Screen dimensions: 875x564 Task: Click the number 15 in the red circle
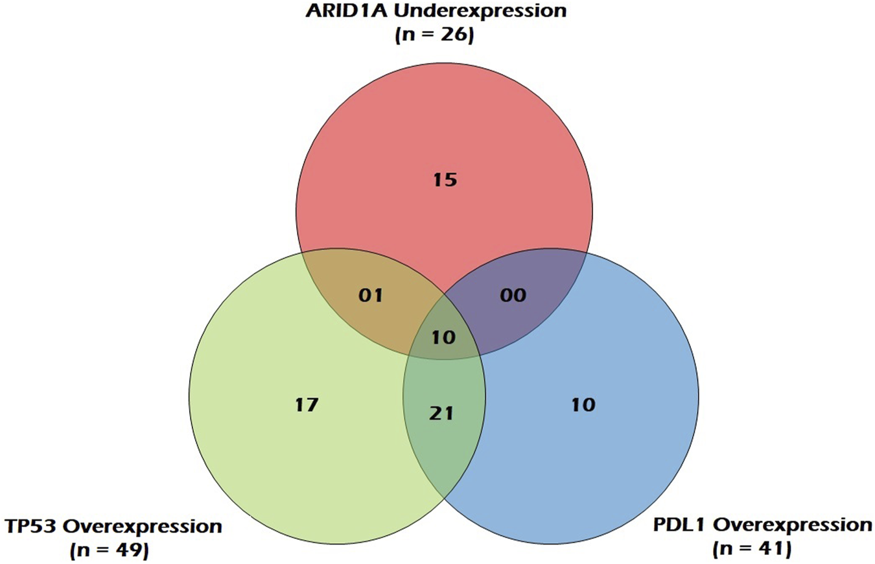coord(445,180)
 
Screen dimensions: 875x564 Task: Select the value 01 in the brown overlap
coord(371,296)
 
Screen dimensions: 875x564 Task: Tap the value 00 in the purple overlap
coord(513,295)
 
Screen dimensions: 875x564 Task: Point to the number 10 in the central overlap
coord(444,337)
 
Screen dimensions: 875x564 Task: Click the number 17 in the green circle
coord(307,405)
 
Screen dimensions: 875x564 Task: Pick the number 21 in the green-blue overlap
coord(441,414)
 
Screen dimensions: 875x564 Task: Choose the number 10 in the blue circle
coord(583,405)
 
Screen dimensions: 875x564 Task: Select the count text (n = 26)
coord(435,36)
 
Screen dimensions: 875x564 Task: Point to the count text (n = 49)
coord(110,551)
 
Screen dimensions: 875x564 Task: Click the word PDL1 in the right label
coord(680,525)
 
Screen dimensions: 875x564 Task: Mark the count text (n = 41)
coord(752,550)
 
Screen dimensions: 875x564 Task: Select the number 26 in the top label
coord(454,35)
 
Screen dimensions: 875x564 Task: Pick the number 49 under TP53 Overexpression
coord(128,550)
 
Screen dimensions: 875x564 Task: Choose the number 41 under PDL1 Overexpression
coord(771,549)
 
